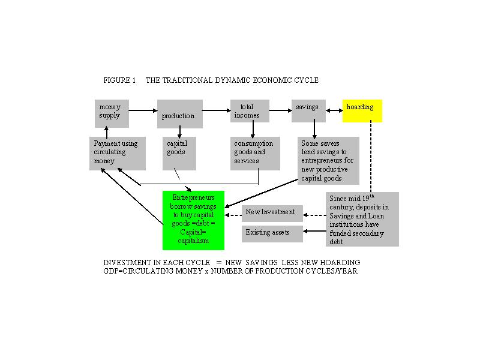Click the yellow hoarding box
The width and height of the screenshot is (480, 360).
pyautogui.click(x=362, y=111)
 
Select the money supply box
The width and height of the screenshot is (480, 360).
pyautogui.click(x=112, y=113)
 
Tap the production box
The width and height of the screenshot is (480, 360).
pyautogui.click(x=179, y=113)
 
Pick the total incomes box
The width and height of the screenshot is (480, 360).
pyautogui.click(x=250, y=111)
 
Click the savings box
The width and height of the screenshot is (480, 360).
pyautogui.click(x=308, y=111)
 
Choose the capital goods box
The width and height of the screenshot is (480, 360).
pyautogui.click(x=179, y=154)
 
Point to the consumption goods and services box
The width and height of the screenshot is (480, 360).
pyautogui.click(x=255, y=154)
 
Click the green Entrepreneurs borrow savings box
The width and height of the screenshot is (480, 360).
pyautogui.click(x=193, y=220)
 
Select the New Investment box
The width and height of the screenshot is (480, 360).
pyautogui.click(x=272, y=214)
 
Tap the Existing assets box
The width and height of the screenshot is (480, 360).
pyautogui.click(x=272, y=234)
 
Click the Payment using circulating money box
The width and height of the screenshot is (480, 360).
pyautogui.click(x=118, y=154)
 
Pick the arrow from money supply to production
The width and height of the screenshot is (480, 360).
pyautogui.click(x=143, y=110)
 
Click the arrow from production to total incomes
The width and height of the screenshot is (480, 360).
pyautogui.click(x=217, y=110)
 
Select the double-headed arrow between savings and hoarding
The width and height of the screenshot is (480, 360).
pyautogui.click(x=334, y=110)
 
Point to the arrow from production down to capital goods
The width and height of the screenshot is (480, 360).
pyautogui.click(x=179, y=132)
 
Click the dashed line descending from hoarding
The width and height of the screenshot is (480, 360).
pyautogui.click(x=371, y=157)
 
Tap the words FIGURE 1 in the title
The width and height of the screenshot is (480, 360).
pyautogui.click(x=119, y=80)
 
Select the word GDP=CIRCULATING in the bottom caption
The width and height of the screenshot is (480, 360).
pyautogui.click(x=139, y=271)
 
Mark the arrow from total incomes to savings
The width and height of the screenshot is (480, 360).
pyautogui.click(x=280, y=110)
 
